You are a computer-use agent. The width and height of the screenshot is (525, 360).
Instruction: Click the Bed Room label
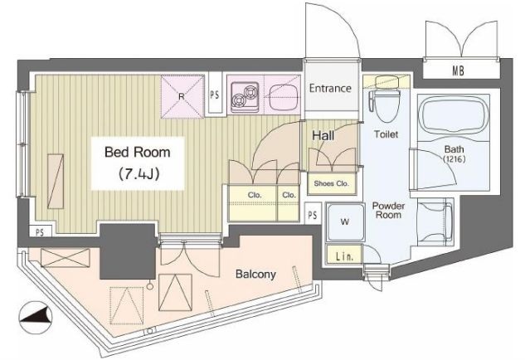coord(138,153)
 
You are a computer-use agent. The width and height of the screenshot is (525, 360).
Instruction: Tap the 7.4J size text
coord(139,174)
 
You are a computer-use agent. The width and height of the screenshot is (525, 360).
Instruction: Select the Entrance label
coord(330,89)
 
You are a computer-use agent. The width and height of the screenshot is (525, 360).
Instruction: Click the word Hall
coord(323,136)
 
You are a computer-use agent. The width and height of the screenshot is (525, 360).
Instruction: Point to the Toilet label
coord(386,134)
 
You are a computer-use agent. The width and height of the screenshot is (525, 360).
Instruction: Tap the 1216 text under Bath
coord(454,159)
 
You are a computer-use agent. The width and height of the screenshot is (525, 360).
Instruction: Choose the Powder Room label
coord(388,211)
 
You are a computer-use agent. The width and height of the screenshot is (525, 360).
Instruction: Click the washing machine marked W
coord(345,222)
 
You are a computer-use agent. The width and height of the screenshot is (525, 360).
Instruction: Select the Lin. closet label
coord(344,257)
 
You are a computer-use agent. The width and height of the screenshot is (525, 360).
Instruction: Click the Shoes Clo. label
coord(331,183)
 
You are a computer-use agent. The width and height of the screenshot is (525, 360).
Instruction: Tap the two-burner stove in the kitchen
coord(245,97)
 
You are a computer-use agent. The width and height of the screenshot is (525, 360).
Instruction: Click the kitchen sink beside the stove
coord(282,97)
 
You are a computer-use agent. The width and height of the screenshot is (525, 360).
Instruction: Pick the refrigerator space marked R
coord(182,97)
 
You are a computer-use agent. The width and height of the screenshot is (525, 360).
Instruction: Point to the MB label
coord(459,71)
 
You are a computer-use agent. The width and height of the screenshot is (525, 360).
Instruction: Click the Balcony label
coord(255,275)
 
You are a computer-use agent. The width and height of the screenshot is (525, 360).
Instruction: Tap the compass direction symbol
coord(36,318)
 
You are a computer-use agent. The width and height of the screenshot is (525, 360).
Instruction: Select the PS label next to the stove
coord(214,95)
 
